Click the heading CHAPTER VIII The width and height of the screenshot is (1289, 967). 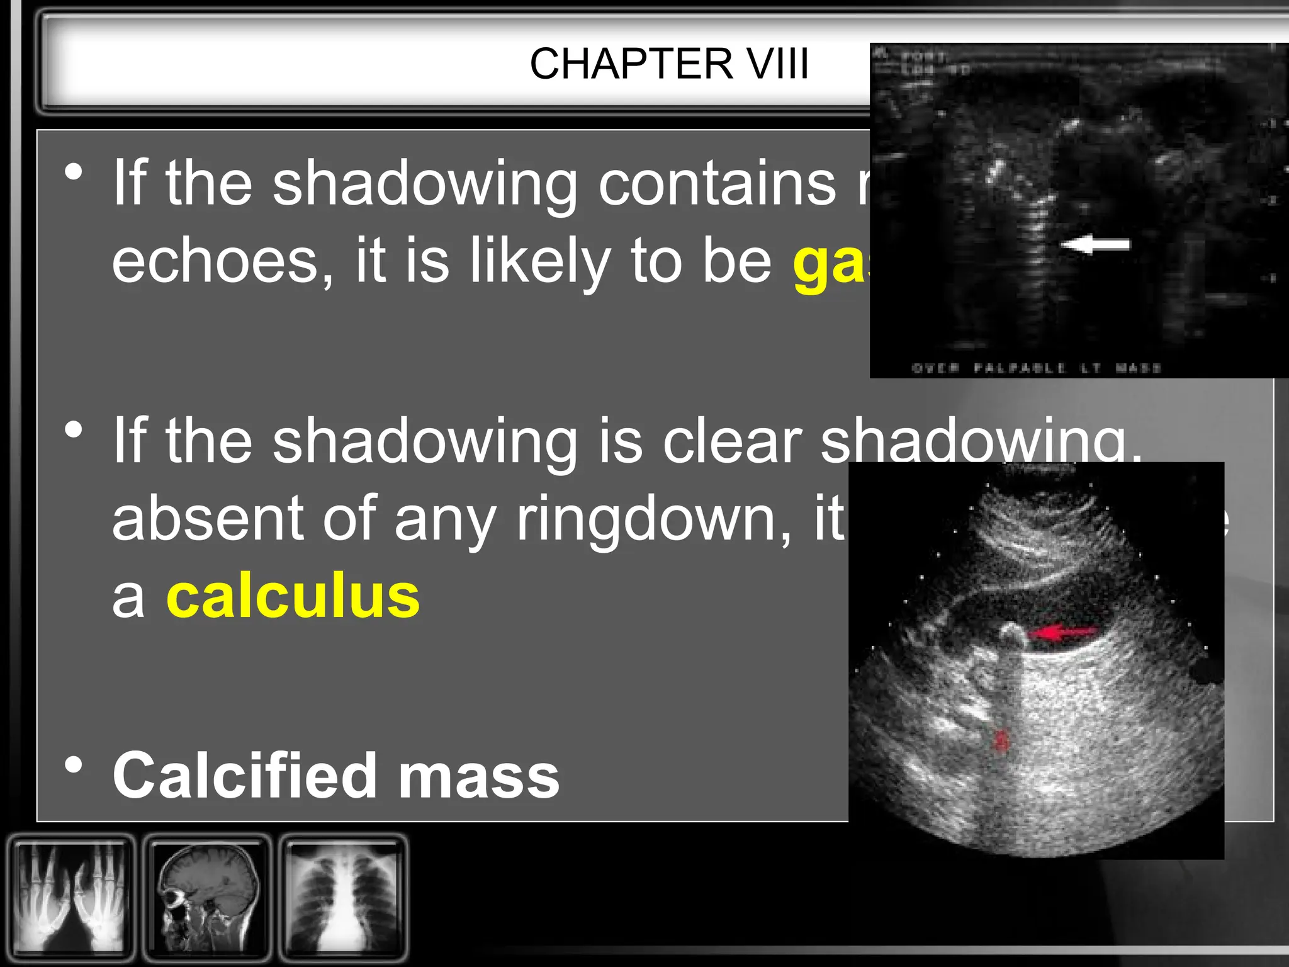(668, 64)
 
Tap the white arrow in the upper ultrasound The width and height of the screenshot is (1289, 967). (1095, 244)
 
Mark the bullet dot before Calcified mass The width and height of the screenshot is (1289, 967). (74, 766)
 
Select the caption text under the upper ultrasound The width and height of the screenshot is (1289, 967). (1035, 368)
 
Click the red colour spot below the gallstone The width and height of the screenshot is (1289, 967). (1000, 740)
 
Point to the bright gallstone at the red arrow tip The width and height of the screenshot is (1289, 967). (1012, 633)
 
